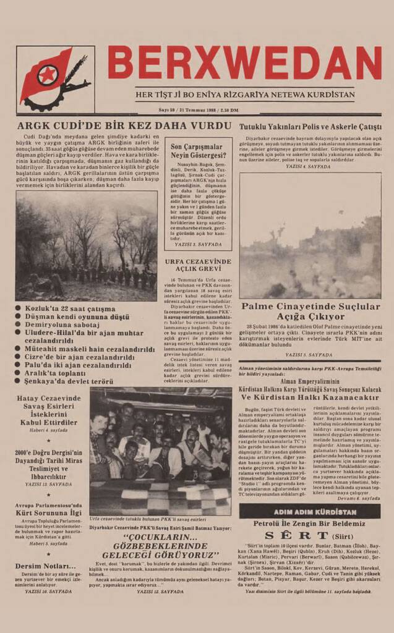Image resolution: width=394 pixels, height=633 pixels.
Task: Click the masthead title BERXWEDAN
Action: pos(244,63)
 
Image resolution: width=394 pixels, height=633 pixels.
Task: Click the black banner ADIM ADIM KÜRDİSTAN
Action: pos(310,512)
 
